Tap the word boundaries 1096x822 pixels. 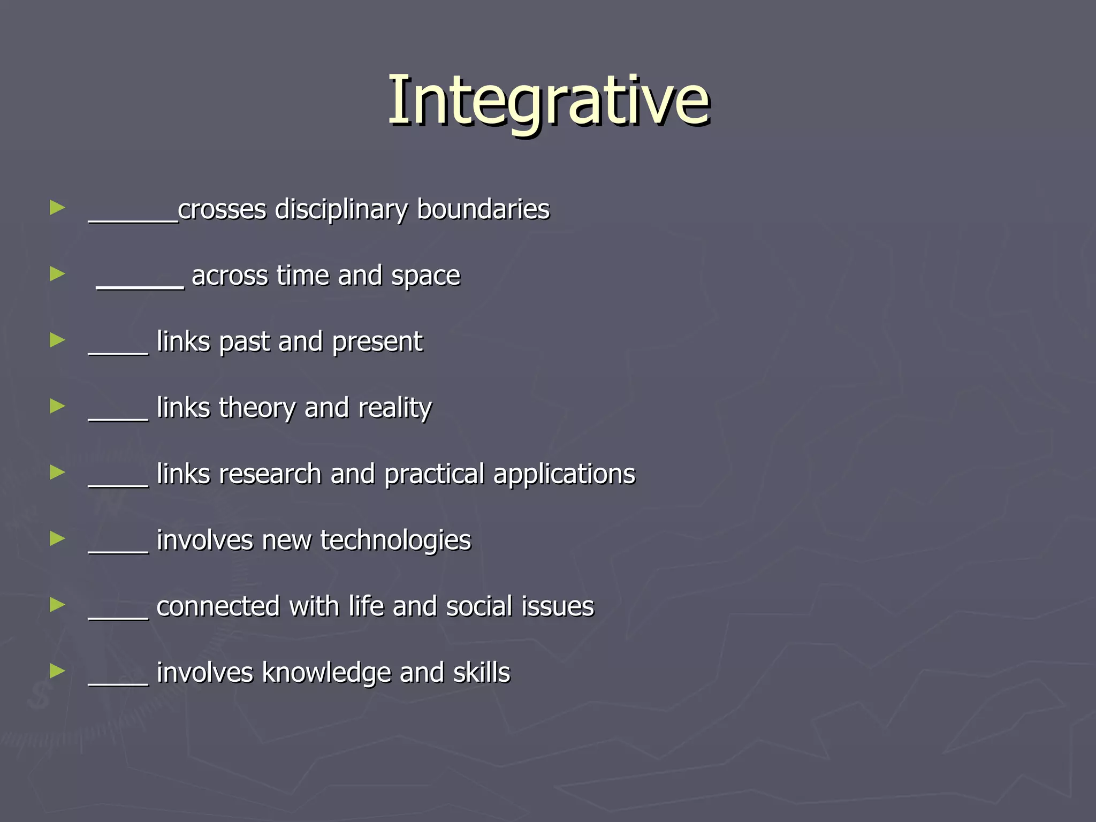(x=483, y=209)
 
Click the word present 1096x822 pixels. (x=377, y=342)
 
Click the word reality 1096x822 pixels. (x=395, y=408)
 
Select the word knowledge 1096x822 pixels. (x=326, y=673)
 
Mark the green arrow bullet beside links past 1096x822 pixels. (x=57, y=340)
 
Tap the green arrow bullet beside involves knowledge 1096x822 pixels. (x=57, y=671)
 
